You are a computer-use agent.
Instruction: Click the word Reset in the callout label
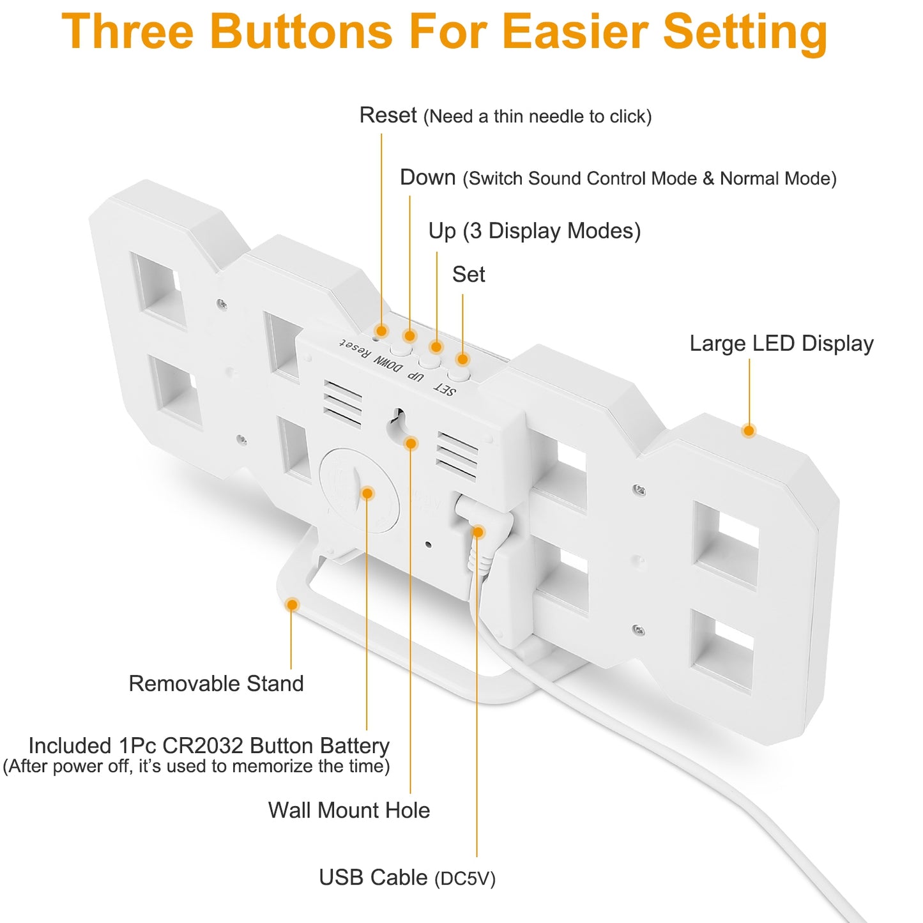[x=388, y=115]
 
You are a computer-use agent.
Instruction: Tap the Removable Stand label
[x=216, y=683]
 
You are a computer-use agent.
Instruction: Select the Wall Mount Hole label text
[x=349, y=810]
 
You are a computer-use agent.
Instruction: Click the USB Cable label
[x=407, y=877]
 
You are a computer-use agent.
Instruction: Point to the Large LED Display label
[x=781, y=344]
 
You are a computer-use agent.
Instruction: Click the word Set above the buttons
[x=468, y=275]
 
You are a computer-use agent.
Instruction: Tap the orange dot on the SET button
[x=462, y=359]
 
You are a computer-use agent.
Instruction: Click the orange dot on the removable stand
[x=292, y=604]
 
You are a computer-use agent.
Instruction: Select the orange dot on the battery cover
[x=367, y=493]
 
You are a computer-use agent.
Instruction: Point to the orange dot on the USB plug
[x=478, y=531]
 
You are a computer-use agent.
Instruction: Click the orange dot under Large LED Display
[x=749, y=430]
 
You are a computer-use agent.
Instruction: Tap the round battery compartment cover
[x=359, y=490]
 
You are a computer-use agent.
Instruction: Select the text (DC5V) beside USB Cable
[x=464, y=878]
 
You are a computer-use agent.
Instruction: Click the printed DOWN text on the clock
[x=388, y=364]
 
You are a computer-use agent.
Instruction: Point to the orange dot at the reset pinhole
[x=382, y=330]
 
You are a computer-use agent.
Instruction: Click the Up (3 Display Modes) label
[x=534, y=231]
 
